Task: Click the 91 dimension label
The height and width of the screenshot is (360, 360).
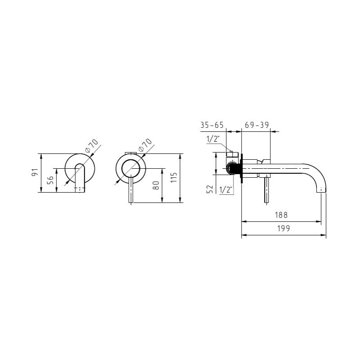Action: tap(35, 172)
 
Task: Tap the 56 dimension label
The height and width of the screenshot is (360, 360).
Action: tap(50, 180)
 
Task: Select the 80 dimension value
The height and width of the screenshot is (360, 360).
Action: tap(156, 185)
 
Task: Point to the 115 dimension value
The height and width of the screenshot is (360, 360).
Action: tap(174, 177)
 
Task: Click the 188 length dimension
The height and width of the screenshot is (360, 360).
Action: tap(281, 215)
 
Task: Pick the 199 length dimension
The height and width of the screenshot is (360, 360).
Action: tap(283, 229)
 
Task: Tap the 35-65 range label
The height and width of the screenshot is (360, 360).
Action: tap(212, 125)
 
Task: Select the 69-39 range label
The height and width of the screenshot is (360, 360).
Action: tap(256, 125)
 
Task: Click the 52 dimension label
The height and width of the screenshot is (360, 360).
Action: tap(210, 189)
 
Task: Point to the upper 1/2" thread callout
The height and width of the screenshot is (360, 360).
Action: tap(213, 139)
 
